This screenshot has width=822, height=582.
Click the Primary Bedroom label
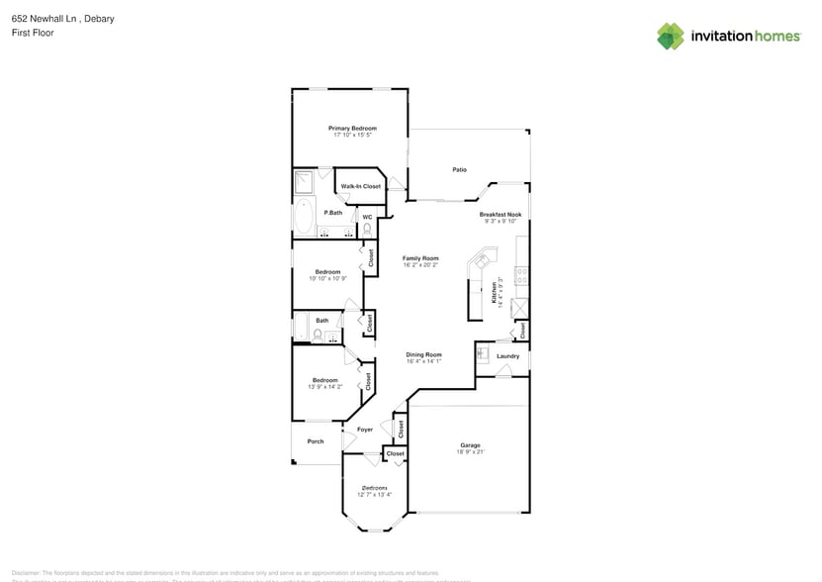coord(352,128)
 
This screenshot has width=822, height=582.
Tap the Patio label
coord(459,170)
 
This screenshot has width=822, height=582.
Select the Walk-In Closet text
coord(360,186)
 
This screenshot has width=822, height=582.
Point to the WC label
coord(366,217)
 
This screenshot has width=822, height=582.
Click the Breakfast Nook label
coord(500,214)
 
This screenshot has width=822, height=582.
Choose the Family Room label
coord(420,258)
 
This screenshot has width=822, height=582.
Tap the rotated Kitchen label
coord(495,293)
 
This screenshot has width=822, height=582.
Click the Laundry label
coord(507,356)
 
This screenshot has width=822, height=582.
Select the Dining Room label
coord(423,354)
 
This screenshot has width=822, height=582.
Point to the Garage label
coord(469,445)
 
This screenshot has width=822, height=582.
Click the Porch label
coord(316,441)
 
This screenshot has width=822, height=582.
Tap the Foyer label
coord(365,430)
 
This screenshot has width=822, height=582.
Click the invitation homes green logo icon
coord(671,37)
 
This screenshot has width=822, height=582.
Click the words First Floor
coord(34,33)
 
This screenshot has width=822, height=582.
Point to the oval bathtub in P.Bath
coord(304,216)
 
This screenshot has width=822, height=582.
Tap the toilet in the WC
coord(367,230)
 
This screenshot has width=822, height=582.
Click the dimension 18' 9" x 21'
coord(469,452)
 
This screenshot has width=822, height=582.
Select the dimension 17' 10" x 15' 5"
coord(352,135)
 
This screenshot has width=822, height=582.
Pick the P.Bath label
coord(332,213)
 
